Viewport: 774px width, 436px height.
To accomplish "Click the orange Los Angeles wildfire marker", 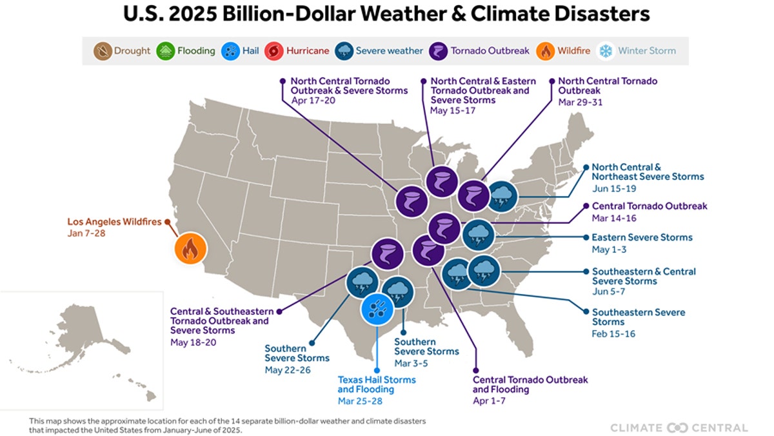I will click(x=190, y=249).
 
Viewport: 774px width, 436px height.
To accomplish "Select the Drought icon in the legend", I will click(x=103, y=51).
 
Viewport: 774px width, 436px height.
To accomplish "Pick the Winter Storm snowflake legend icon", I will click(x=606, y=51).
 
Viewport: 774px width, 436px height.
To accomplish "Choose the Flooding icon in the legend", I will click(x=166, y=51).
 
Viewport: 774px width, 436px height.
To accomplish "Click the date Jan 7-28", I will click(x=86, y=233).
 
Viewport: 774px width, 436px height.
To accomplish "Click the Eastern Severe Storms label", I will click(x=642, y=237).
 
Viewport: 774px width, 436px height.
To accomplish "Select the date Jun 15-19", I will click(x=613, y=188).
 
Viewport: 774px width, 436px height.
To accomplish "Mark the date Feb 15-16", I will click(x=613, y=333).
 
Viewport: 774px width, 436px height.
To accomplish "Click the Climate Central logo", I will click(x=679, y=428).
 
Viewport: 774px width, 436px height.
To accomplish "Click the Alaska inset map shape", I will click(x=71, y=335).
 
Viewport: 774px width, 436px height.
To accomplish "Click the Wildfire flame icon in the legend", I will click(x=546, y=51).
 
